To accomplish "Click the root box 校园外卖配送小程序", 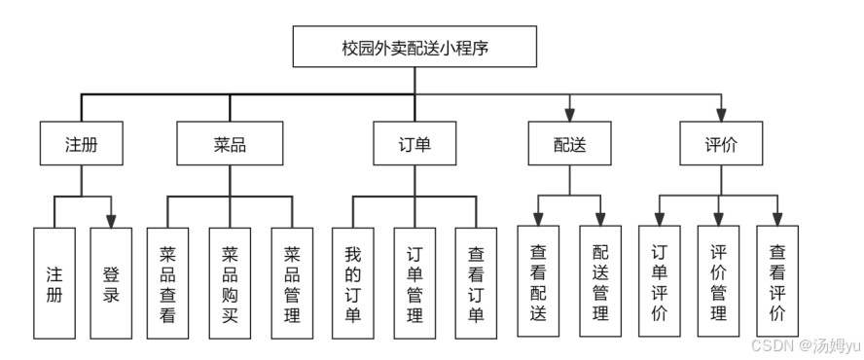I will pos(414,46).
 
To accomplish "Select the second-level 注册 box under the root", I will pos(82,144).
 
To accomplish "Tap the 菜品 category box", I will pos(230,144).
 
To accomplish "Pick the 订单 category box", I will pos(414,144).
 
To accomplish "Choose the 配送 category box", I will pos(569,144).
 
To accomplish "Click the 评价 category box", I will pos(721,144).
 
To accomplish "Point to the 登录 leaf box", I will pos(112,282).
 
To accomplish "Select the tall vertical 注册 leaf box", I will pos(54,282).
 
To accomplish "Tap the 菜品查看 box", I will pos(167,282).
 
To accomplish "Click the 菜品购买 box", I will pos(230,282).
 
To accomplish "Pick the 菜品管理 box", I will pos(292,282).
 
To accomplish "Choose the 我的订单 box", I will pos(352,282).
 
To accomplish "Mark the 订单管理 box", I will pos(414,282).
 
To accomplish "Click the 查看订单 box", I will pos(477,282).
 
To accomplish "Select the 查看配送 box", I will pos(538,282).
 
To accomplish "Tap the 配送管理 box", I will pos(600,282).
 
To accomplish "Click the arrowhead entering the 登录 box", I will pos(112,221).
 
